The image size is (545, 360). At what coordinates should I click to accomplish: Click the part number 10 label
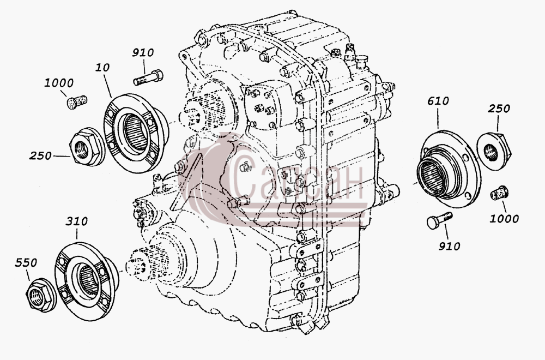click(x=102, y=67)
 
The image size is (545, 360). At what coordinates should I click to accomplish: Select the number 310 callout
click(x=76, y=221)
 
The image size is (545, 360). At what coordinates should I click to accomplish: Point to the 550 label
click(x=26, y=262)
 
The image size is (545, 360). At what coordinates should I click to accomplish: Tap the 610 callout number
click(x=438, y=101)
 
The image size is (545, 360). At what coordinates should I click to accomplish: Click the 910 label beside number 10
click(x=142, y=53)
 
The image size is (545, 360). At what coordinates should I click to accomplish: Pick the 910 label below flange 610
click(x=449, y=246)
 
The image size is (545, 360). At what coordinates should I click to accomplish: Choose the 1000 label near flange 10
click(x=59, y=83)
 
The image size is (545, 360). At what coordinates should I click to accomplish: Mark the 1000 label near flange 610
click(x=504, y=219)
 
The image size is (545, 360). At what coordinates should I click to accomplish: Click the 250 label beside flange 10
click(x=40, y=156)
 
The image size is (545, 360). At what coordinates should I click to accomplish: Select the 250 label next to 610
click(x=499, y=109)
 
